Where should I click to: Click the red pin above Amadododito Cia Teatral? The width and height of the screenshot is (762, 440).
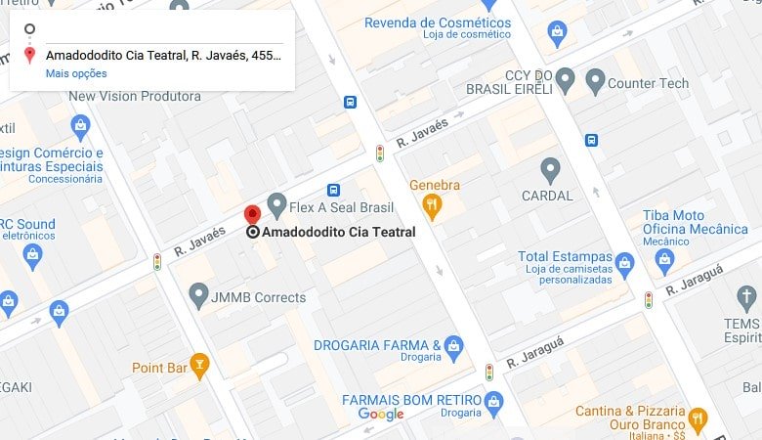point(251,215)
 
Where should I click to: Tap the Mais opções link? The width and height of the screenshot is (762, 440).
point(76,73)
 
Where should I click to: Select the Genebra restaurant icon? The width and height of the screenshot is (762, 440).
point(432,205)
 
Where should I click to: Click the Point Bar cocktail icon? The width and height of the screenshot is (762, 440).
point(199,366)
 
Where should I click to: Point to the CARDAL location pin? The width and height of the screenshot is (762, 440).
point(551,170)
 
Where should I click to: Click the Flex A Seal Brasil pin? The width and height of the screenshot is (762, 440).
point(276,205)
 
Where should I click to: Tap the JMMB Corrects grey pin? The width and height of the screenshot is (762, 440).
point(199,294)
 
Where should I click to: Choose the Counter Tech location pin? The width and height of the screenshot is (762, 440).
point(595,81)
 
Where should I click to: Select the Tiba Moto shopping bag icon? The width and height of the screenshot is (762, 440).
point(665,261)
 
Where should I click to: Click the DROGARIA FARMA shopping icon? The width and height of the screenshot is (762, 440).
point(453,345)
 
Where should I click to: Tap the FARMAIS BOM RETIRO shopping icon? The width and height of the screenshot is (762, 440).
point(494,401)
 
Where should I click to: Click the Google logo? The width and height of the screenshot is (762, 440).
point(381,415)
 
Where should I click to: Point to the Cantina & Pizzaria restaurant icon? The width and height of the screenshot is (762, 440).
point(698,419)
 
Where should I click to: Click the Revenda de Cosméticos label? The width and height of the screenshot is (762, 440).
point(437,22)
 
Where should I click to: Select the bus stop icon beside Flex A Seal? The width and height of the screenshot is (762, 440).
point(334,190)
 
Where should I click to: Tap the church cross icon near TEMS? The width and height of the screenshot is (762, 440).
point(746,298)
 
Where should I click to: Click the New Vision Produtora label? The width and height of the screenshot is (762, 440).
point(135,96)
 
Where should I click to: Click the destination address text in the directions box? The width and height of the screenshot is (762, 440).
point(164,55)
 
